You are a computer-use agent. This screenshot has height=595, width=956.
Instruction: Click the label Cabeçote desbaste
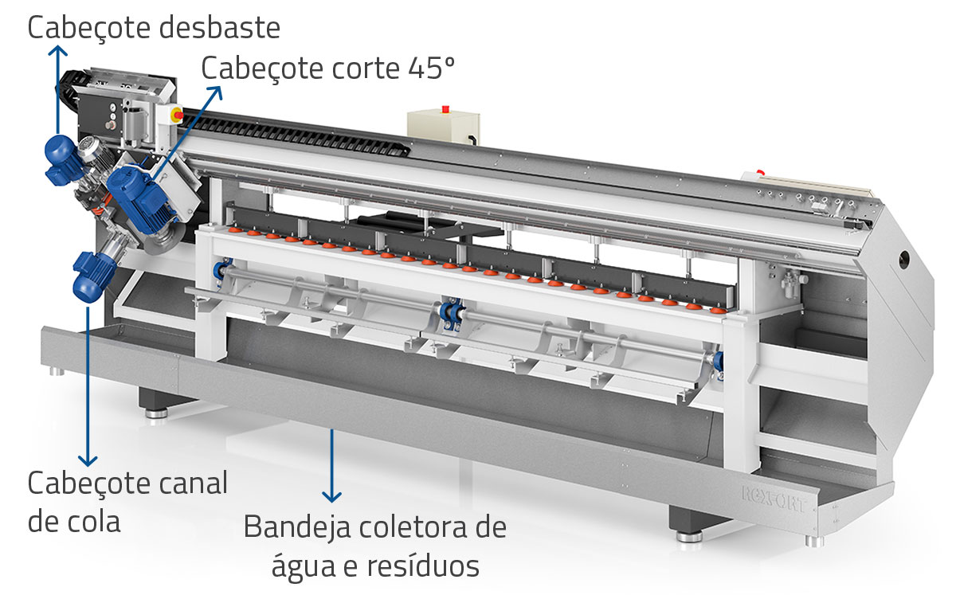point(154,28)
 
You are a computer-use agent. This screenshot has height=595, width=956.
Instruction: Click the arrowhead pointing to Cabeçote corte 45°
point(217,88)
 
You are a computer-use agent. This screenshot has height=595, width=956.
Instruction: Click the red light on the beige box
point(445,108)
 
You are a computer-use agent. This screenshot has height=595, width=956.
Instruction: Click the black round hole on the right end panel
point(905,259)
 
